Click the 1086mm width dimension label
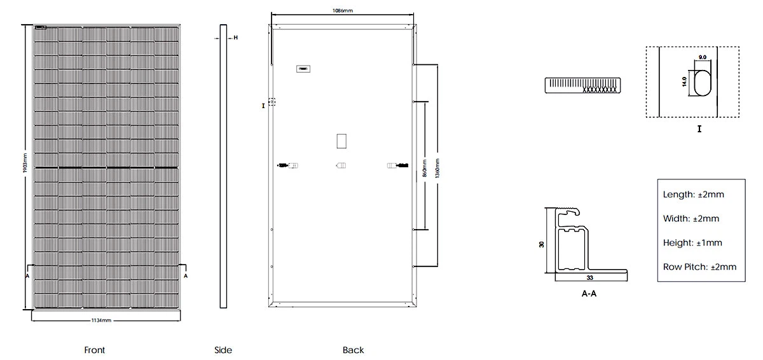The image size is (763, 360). click(x=343, y=11)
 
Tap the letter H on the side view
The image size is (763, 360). click(x=235, y=38)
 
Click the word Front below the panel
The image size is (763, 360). click(x=94, y=350)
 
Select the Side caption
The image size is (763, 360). click(x=223, y=350)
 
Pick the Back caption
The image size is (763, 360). click(x=353, y=350)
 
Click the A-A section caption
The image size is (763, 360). click(x=589, y=294)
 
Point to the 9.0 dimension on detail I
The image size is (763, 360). click(x=703, y=58)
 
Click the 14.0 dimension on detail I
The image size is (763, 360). click(x=684, y=82)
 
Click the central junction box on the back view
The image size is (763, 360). click(x=341, y=141)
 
